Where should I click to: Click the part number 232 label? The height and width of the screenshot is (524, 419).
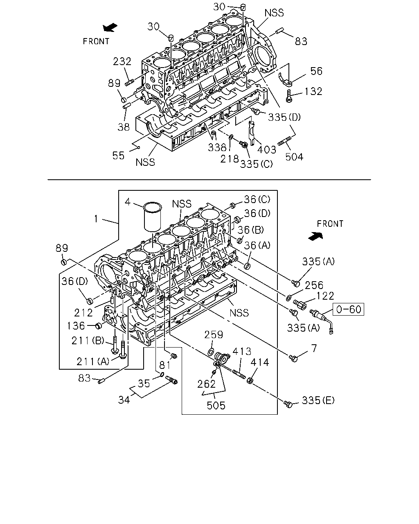click(x=122, y=61)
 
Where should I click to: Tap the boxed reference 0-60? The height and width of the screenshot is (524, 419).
click(x=348, y=309)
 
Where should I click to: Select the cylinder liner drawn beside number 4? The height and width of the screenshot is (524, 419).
click(x=153, y=216)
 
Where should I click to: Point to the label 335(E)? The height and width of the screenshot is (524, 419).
click(x=318, y=400)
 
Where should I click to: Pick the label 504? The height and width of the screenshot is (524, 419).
click(x=294, y=157)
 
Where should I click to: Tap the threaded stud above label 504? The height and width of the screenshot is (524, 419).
click(x=284, y=141)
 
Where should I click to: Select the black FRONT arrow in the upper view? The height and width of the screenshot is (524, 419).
click(x=110, y=27)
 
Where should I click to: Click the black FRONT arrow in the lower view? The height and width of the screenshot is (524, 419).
click(x=316, y=236)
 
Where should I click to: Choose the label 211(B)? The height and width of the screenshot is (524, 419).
click(x=88, y=341)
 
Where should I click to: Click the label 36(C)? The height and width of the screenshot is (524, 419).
click(x=257, y=199)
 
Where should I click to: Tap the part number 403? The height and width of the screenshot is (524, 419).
click(x=267, y=149)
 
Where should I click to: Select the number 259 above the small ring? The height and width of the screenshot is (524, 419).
click(x=214, y=334)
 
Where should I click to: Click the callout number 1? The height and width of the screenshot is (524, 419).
click(x=96, y=219)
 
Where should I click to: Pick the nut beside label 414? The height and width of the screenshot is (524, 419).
click(x=250, y=380)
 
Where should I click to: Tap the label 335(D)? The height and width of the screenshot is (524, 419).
click(x=284, y=117)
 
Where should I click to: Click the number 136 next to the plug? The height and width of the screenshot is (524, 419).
click(x=76, y=325)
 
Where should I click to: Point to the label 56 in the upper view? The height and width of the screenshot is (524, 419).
click(x=317, y=71)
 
